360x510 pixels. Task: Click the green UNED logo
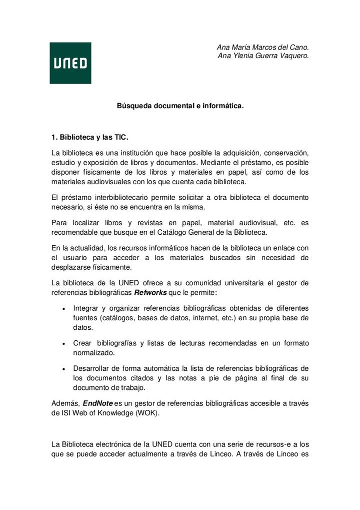tap(70, 63)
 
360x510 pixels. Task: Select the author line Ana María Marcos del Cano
tap(262, 47)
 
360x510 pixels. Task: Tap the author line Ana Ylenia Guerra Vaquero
tap(263, 56)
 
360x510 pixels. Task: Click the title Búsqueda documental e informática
tap(180, 106)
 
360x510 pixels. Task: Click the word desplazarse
tap(71, 267)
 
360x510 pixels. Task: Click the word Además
tap(65, 403)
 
